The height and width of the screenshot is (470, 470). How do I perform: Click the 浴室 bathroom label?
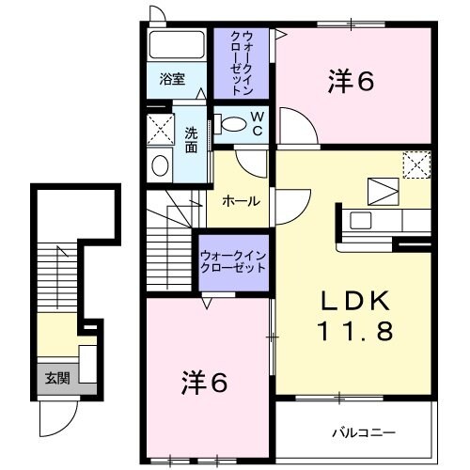click(x=171, y=79)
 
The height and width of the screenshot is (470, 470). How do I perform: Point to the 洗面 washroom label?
click(x=191, y=139)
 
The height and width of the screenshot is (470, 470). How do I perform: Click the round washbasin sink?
click(x=161, y=166)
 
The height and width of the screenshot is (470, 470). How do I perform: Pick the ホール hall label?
click(x=240, y=201)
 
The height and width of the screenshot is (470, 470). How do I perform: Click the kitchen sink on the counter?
click(x=363, y=221)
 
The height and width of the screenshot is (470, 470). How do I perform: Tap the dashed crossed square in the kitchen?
click(x=415, y=165)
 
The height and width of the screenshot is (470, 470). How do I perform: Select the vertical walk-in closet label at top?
click(x=242, y=63)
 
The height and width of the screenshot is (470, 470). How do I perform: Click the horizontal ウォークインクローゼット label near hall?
click(x=232, y=261)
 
